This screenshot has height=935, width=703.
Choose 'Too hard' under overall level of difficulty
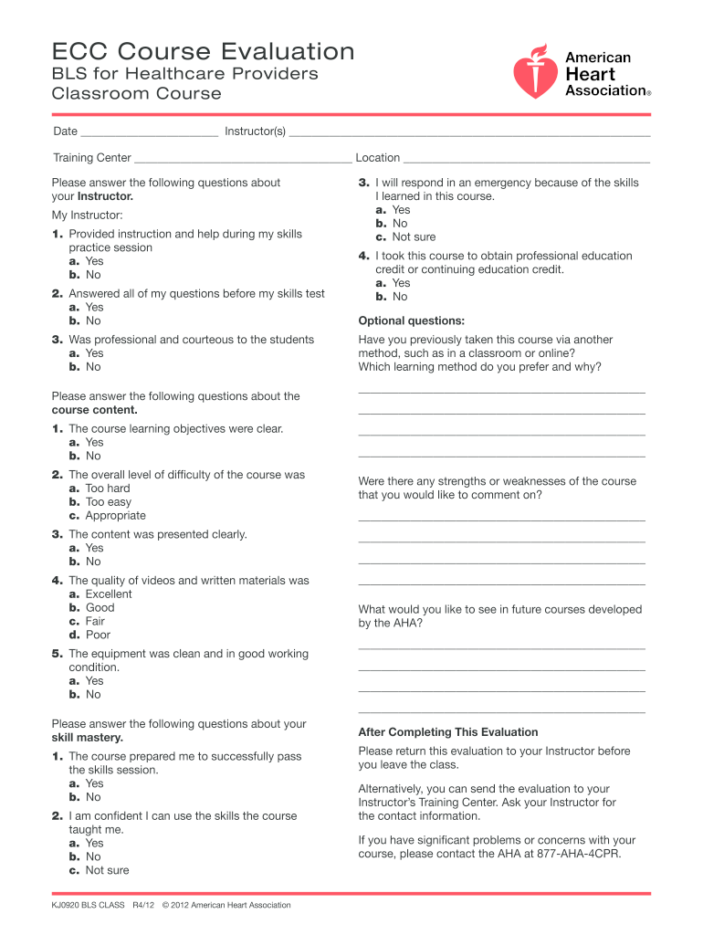(x=108, y=489)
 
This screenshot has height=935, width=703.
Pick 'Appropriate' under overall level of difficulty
(x=115, y=516)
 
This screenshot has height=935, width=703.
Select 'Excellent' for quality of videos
(x=109, y=594)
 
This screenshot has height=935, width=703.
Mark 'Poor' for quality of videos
(x=98, y=636)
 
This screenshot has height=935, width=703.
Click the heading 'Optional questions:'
(x=412, y=321)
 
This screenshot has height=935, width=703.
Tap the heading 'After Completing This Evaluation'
(x=448, y=732)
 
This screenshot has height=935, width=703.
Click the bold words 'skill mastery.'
(x=87, y=738)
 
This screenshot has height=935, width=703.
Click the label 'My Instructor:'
(x=88, y=215)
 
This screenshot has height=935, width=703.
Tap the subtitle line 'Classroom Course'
(x=137, y=94)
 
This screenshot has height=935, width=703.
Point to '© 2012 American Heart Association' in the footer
(x=226, y=906)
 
